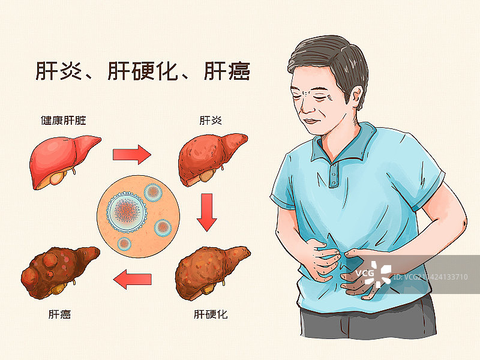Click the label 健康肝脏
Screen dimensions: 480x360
64,121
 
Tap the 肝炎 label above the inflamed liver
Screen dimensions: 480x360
211,121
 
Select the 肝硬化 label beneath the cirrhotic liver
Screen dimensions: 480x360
211,314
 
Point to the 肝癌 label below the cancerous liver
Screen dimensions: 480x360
59,314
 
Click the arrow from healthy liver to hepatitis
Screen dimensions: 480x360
132,155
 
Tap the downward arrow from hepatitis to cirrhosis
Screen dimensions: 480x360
207,212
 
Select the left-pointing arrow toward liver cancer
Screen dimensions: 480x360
132,279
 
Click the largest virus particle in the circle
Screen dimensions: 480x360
127,212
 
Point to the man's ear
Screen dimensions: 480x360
357,97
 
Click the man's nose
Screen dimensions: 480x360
307,106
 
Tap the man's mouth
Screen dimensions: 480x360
311,121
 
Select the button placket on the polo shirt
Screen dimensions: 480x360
334,175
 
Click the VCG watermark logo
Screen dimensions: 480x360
373,274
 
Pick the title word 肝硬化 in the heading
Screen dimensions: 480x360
143,71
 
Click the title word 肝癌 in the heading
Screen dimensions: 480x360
227,71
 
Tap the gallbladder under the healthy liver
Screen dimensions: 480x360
58,178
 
